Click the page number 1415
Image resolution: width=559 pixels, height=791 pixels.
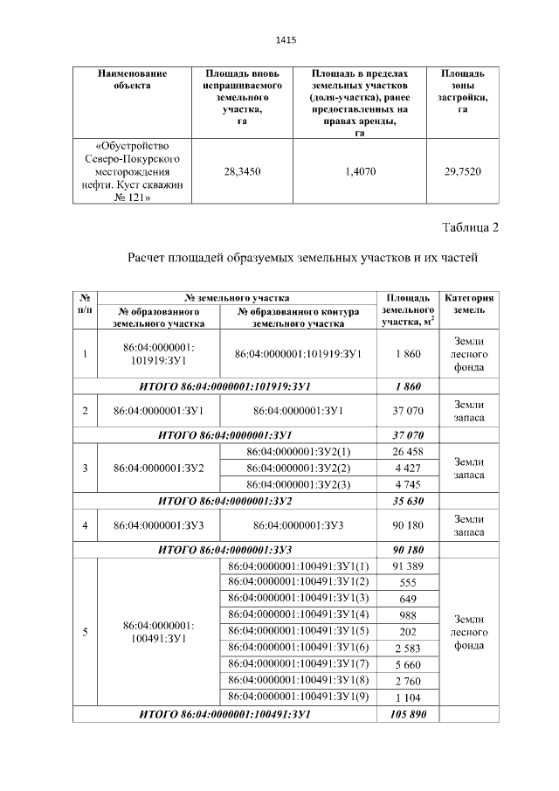[286, 40]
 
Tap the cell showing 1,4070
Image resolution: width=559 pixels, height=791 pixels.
[360, 172]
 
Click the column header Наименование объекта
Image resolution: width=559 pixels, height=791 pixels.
[132, 79]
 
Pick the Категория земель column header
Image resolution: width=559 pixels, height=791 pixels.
[470, 303]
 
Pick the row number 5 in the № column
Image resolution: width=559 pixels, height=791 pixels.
[85, 632]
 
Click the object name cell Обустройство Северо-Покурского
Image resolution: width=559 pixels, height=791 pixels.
[132, 172]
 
